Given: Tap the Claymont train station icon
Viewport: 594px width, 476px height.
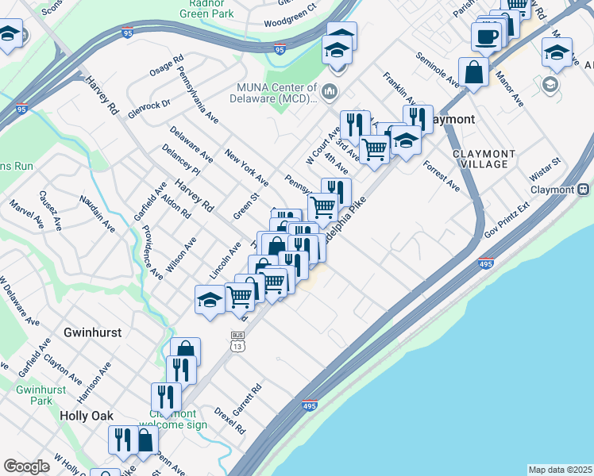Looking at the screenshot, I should [x=584, y=190].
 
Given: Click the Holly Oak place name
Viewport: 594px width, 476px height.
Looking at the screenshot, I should [x=87, y=415].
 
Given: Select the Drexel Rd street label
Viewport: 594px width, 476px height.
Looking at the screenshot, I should [x=229, y=420].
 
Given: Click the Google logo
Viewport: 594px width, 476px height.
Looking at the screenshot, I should [x=26, y=466].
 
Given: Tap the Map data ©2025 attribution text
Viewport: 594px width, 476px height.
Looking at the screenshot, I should [x=560, y=470].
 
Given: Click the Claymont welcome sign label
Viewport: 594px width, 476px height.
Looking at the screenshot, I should [x=173, y=419].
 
